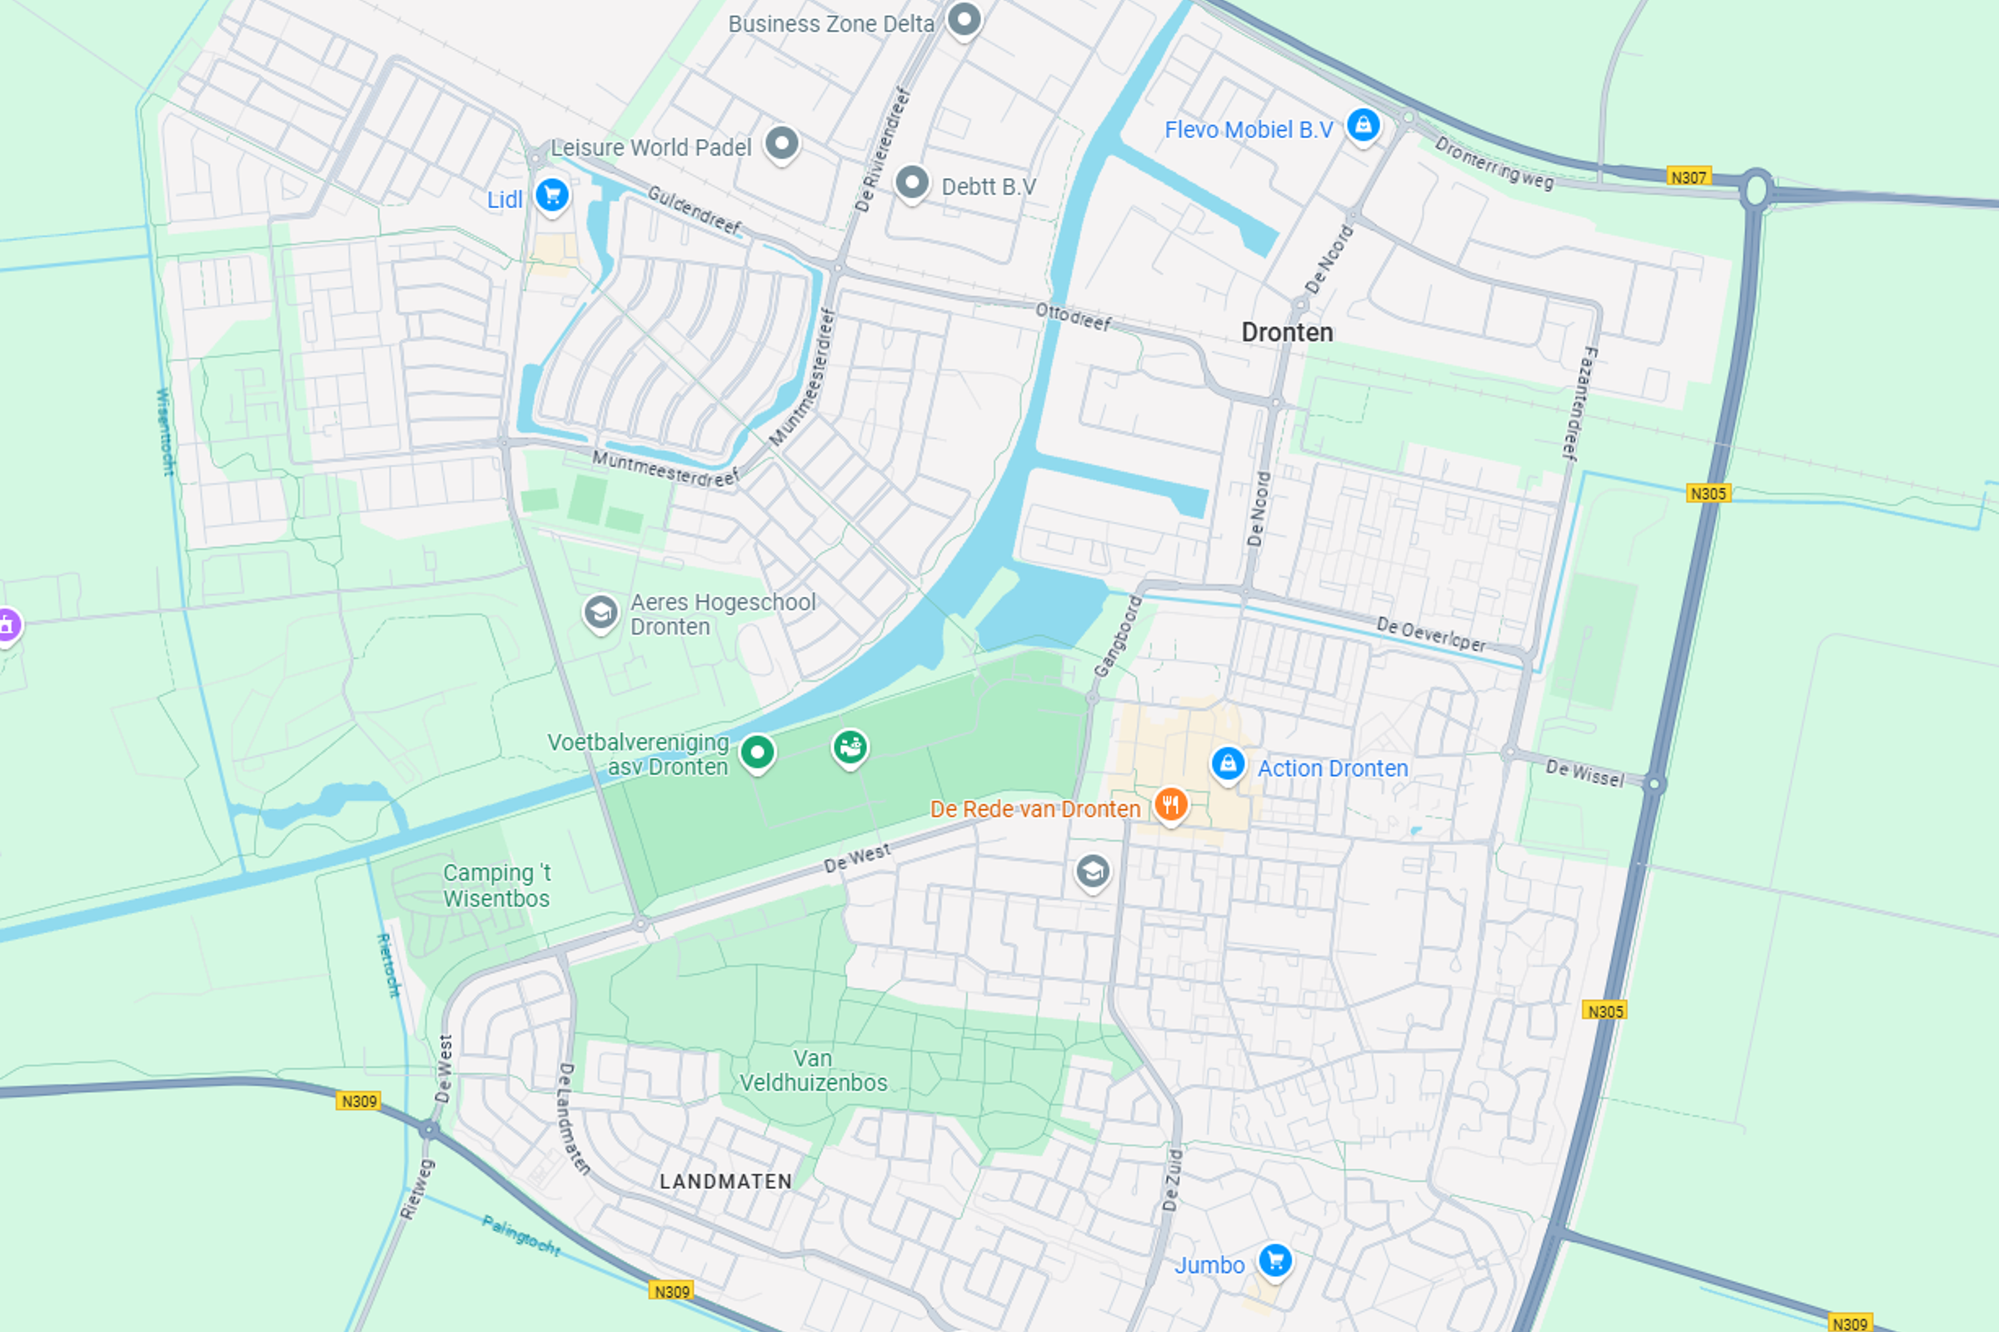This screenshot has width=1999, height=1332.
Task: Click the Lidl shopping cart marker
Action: coord(551,196)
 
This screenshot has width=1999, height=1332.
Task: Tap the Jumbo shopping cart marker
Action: coord(1275,1260)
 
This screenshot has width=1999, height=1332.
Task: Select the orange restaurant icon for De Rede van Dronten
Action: coord(1170,803)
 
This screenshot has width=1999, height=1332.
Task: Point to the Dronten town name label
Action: coord(1286,332)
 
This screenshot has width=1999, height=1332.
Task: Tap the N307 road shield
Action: coord(1688,176)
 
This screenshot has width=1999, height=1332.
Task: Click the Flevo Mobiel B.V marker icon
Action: coord(1363,126)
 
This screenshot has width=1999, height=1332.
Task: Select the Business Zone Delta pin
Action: coord(964,18)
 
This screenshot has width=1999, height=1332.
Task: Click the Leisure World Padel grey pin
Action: coord(781,142)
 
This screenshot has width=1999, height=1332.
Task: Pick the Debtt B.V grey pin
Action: coord(912,181)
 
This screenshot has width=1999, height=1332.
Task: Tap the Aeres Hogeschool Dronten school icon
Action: coord(600,612)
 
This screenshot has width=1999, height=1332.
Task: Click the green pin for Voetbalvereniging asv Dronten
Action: coord(756,752)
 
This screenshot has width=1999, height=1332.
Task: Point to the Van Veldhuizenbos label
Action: coord(813,1071)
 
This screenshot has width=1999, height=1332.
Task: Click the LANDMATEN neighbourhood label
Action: coord(725,1180)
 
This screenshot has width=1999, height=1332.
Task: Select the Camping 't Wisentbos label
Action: coord(496,885)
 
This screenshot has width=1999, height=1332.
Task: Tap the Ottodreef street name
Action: coord(1073,317)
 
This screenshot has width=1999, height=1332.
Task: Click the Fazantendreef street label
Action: coord(1579,404)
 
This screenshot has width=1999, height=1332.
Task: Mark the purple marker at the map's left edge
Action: coord(7,625)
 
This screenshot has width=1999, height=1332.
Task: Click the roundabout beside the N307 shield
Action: coord(1755,189)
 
